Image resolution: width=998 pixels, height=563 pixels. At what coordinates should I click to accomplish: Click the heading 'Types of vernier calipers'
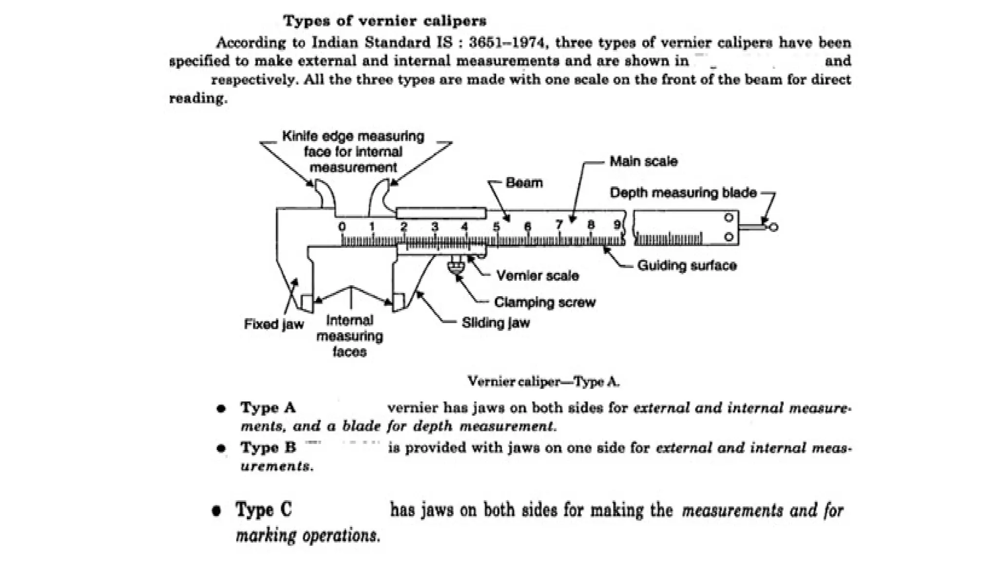click(384, 21)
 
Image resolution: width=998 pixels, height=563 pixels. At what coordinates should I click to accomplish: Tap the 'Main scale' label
click(643, 161)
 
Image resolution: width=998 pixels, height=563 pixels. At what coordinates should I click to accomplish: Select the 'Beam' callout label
click(524, 183)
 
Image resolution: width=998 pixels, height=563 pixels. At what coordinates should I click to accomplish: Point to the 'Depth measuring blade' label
click(683, 193)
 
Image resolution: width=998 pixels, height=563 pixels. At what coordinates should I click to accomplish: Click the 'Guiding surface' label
click(687, 266)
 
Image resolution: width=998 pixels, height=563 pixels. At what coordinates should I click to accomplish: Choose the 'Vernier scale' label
click(537, 276)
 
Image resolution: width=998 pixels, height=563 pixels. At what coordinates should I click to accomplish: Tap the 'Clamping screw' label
click(544, 302)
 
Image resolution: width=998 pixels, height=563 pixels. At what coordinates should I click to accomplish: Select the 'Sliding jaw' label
click(495, 323)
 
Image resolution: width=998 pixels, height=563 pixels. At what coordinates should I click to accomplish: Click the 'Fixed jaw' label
click(273, 324)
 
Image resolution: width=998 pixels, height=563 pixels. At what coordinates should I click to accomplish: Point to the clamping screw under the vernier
click(456, 266)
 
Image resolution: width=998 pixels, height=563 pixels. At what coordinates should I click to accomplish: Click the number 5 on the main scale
click(496, 227)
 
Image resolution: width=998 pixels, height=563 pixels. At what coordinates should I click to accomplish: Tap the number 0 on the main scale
click(342, 227)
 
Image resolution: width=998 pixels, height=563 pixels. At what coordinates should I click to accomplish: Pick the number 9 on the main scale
click(617, 225)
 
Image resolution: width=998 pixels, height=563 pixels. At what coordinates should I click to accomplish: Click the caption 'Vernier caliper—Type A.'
click(543, 381)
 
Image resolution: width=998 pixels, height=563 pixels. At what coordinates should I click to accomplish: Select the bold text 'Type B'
click(268, 447)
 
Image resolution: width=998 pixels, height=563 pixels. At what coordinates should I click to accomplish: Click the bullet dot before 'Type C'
click(217, 511)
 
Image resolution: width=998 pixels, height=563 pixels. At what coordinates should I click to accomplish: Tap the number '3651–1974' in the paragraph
click(506, 43)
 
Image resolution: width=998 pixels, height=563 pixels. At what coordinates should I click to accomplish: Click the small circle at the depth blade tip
click(773, 227)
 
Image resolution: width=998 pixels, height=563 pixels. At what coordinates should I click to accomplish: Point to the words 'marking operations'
click(307, 536)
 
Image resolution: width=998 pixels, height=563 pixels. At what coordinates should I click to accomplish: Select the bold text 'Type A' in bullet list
click(268, 408)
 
